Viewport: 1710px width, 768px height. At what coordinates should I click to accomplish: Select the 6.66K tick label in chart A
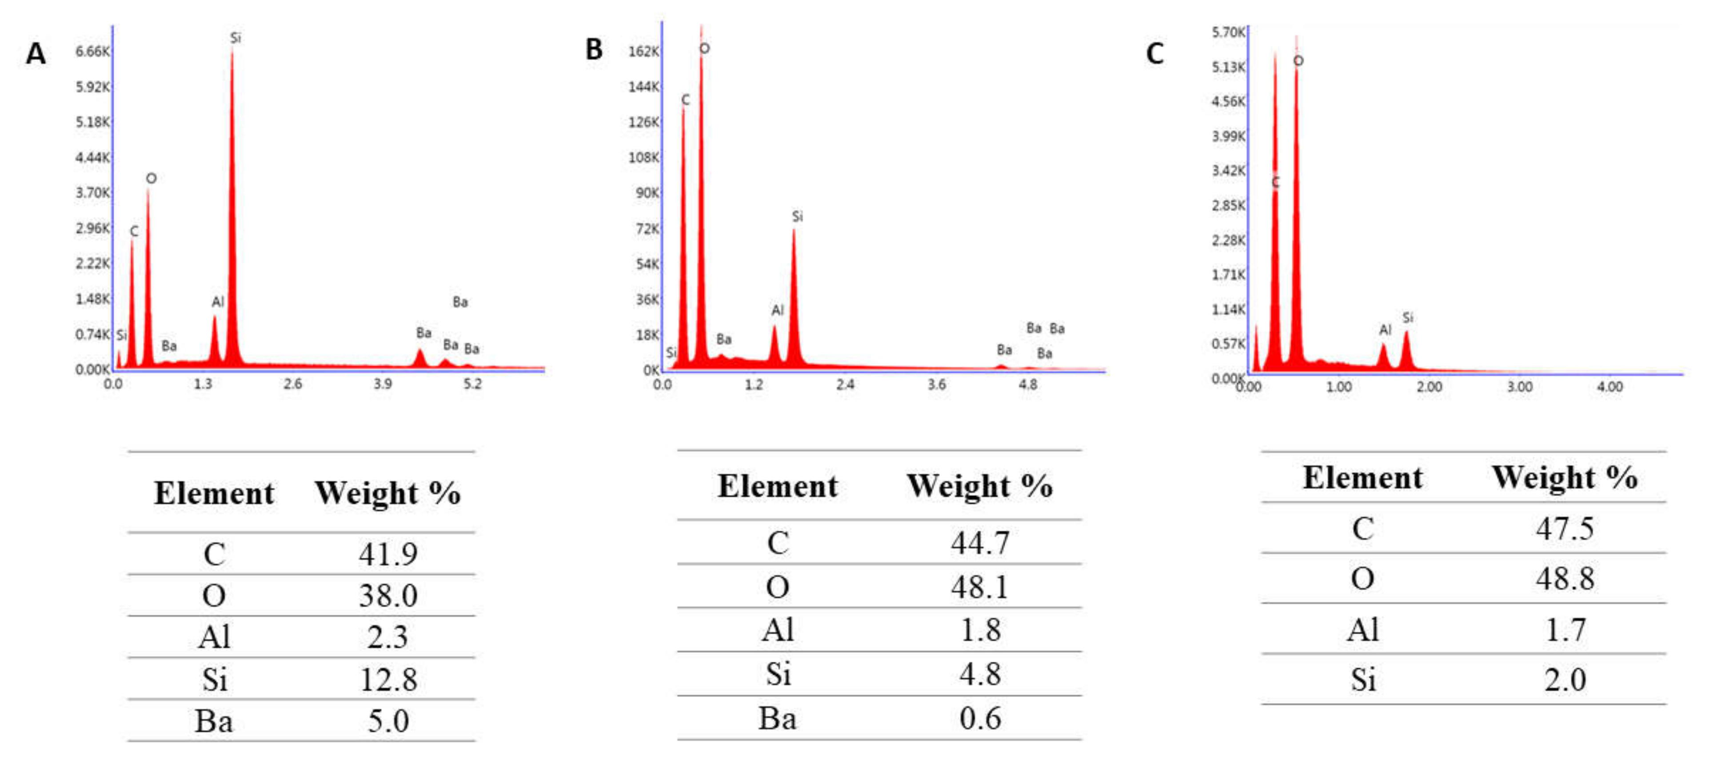(x=92, y=51)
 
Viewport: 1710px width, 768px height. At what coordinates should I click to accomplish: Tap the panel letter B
(x=593, y=50)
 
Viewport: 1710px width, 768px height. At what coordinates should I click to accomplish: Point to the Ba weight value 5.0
(x=388, y=721)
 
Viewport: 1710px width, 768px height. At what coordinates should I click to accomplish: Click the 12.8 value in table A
(x=388, y=680)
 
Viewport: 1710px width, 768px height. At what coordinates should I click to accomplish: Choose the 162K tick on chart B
(x=643, y=51)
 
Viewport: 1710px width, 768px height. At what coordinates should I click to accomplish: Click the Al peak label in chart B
(x=777, y=310)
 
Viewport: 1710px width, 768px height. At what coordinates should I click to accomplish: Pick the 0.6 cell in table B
(x=980, y=718)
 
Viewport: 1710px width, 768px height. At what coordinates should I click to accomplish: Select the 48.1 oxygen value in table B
(x=980, y=587)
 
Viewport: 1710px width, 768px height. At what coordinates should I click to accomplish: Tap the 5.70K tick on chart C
(x=1228, y=32)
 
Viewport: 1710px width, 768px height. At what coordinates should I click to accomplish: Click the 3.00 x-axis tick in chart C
(x=1519, y=386)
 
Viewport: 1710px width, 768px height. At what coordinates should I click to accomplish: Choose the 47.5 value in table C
(x=1565, y=529)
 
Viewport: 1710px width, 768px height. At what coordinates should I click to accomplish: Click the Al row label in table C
(x=1363, y=629)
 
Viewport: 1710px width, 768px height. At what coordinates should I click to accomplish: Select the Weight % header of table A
(x=388, y=493)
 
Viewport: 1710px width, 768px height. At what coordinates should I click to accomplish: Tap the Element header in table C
(x=1363, y=478)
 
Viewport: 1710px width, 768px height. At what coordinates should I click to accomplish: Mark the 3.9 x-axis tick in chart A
(x=382, y=384)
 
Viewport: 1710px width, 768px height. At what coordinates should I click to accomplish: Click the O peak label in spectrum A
(x=152, y=178)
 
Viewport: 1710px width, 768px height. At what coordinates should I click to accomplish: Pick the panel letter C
(x=1155, y=53)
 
